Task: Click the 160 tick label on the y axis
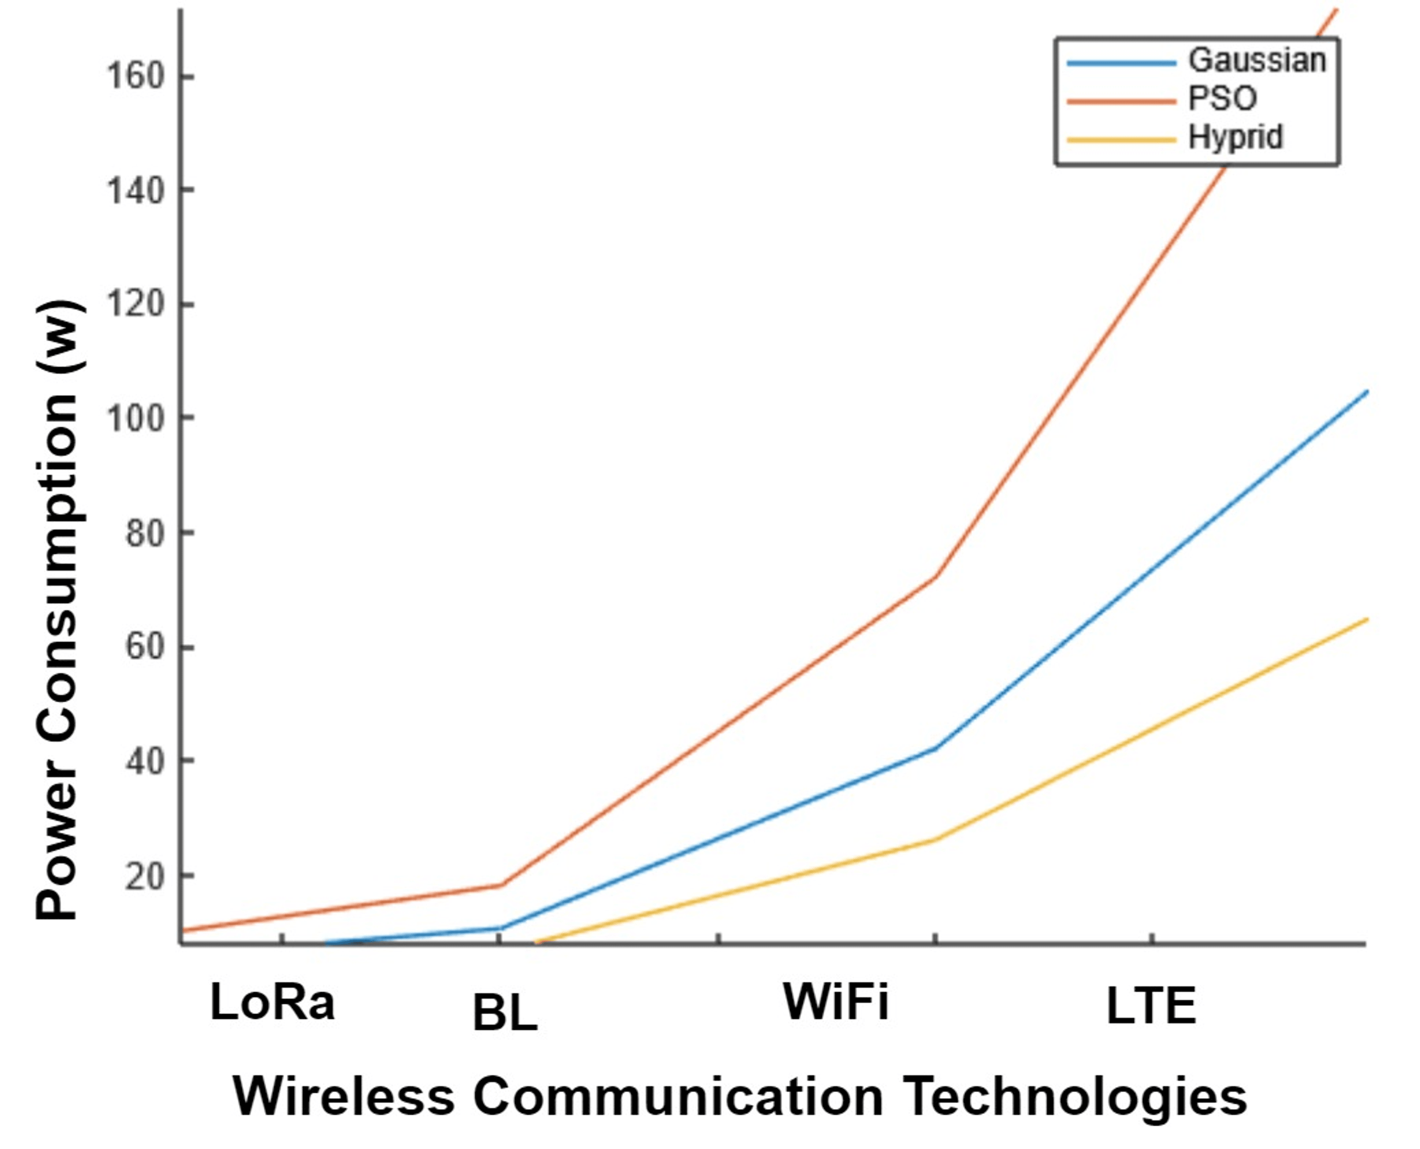[134, 77]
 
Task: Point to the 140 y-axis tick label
[134, 191]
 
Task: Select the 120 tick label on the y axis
[134, 304]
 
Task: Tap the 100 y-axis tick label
[134, 418]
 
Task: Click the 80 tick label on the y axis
[144, 533]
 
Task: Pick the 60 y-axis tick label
[144, 646]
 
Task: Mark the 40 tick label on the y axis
[144, 761]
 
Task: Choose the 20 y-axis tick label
[144, 875]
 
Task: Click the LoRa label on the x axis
[272, 1002]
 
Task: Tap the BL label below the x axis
[505, 1013]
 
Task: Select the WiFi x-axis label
[835, 1001]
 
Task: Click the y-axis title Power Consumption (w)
[58, 609]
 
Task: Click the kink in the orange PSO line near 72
[934, 576]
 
